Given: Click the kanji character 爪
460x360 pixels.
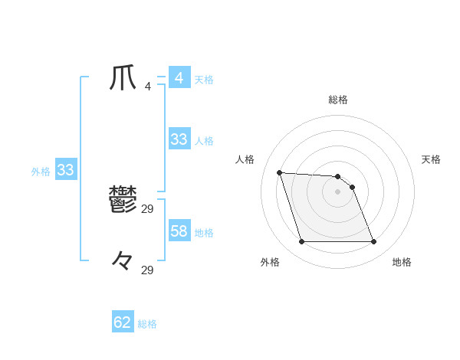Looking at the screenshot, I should point(123,77).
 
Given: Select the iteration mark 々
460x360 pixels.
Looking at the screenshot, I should point(123,261).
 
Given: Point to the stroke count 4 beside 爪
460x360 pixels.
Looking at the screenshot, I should point(147,87).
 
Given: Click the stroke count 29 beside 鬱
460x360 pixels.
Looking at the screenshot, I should point(148,208).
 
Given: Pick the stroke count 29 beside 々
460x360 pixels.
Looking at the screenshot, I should point(148,270).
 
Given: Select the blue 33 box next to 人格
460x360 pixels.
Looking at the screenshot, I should point(179,139).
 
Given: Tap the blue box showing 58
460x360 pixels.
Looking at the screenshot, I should point(179,231).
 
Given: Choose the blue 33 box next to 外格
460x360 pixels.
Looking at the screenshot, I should point(65,170).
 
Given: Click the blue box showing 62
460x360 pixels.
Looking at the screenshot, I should point(123,322).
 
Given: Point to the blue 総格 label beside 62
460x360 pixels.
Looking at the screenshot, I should point(147,324).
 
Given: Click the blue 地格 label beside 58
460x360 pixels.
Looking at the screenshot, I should point(204,233).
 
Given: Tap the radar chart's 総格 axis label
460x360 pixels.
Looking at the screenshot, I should point(338,100).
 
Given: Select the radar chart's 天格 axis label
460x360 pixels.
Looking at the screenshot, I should point(431,159).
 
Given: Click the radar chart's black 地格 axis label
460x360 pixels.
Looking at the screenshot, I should point(402,262).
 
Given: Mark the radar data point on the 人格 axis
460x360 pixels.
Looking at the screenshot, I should point(279,172).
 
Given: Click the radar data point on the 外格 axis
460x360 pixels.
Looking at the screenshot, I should point(301,242).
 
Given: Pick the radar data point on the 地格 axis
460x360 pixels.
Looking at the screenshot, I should point(373,242).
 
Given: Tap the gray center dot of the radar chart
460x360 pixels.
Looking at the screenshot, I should point(338,191).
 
